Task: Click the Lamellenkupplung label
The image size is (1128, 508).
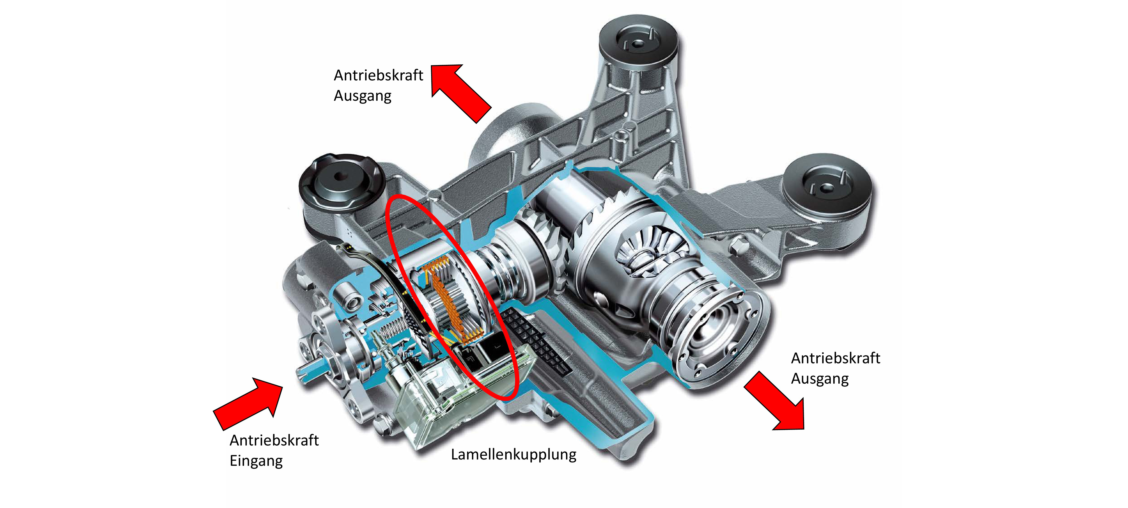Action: pos(513,454)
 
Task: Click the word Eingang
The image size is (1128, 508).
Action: pos(256,461)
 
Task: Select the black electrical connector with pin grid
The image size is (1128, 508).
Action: pos(536,342)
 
